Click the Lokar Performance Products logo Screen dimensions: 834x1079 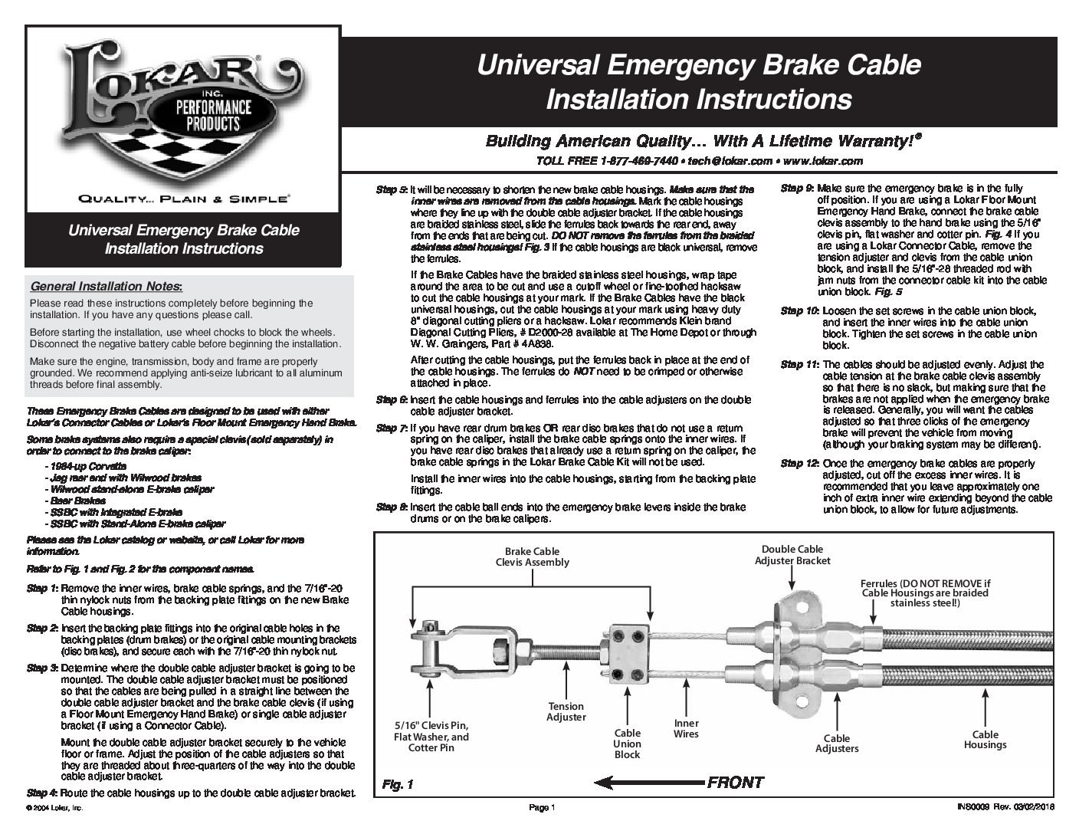tap(182, 108)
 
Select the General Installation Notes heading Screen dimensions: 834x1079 tap(106, 287)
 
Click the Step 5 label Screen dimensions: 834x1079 tap(391, 189)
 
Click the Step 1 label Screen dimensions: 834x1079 tap(42, 588)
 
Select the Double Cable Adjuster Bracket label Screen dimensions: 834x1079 tap(792, 555)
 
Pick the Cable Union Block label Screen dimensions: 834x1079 tap(627, 744)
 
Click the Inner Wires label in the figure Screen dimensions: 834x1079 tap(686, 728)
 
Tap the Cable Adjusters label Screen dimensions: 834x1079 tap(836, 743)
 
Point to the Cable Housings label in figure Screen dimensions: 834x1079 tap(985, 739)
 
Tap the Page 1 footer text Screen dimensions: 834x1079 tap(541, 807)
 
